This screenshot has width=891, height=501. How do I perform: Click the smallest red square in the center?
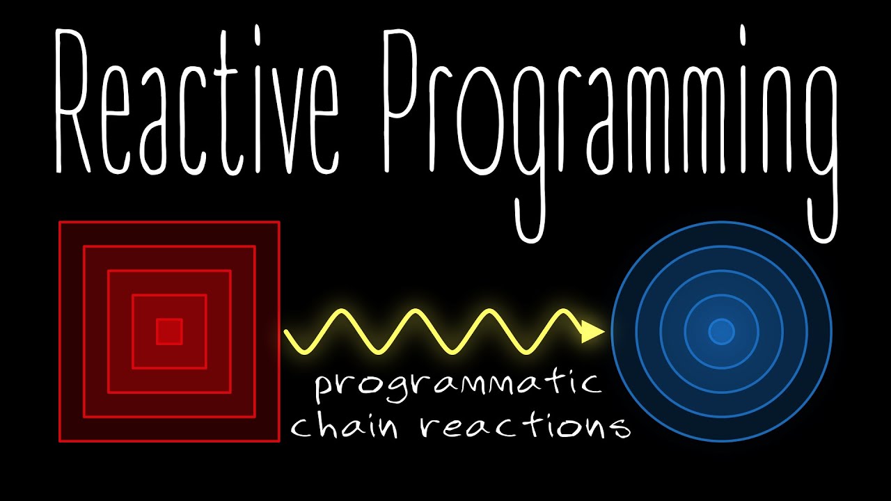click(x=169, y=331)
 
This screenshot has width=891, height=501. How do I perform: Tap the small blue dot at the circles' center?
click(x=721, y=332)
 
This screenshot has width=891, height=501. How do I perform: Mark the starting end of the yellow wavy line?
click(x=286, y=333)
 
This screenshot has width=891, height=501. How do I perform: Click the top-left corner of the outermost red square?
click(x=60, y=222)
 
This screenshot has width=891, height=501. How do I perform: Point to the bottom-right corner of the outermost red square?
click(x=278, y=440)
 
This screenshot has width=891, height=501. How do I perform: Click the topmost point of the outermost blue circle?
click(x=721, y=222)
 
